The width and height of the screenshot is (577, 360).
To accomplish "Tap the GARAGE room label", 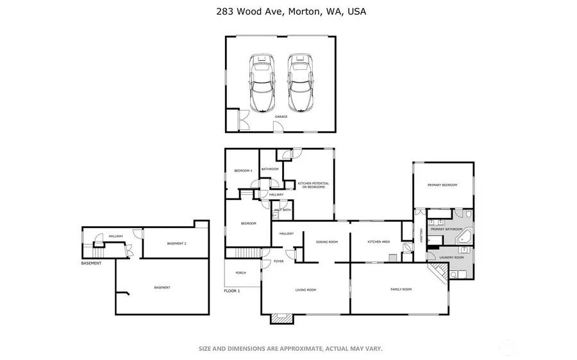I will pos(281,117).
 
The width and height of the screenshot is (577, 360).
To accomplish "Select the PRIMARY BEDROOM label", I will pos(442,185).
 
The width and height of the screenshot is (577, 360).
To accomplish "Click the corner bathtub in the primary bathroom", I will pos(464,238).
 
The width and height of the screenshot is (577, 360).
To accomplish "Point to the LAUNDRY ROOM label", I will pos(451,258).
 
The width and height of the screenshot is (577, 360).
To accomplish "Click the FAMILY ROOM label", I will pos(401,290).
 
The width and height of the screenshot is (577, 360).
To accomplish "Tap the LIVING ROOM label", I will pos(305,290).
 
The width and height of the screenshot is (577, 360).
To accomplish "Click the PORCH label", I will pos(240,273).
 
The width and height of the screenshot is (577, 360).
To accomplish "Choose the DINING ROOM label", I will pos(326,241).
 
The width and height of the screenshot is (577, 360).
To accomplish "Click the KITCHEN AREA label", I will pos(378,241).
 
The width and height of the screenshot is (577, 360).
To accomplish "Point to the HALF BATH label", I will pos(283,209).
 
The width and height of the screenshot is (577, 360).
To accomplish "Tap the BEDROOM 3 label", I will pos(243,170).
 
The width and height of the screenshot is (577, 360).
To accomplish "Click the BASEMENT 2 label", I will pos(176,243).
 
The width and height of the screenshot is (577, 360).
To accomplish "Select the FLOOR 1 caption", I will pos(231,291).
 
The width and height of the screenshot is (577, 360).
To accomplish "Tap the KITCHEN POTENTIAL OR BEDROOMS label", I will pos(314,185).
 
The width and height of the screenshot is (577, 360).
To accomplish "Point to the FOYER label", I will pos(279,261).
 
